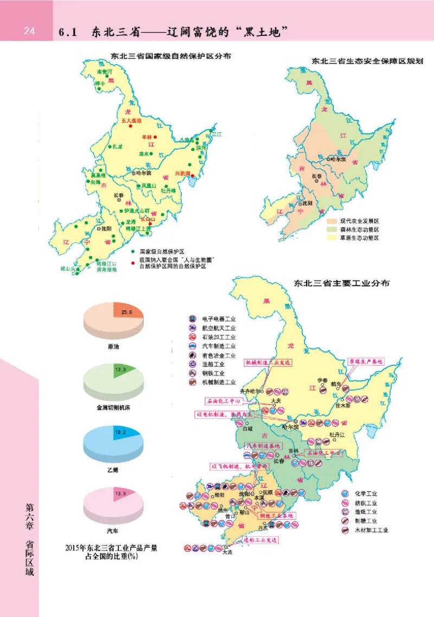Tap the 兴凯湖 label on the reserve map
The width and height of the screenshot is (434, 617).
click(x=183, y=174)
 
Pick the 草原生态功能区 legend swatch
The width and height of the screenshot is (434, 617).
click(x=332, y=238)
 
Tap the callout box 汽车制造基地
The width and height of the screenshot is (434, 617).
click(x=263, y=446)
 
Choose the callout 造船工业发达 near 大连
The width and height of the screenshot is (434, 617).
click(x=260, y=540)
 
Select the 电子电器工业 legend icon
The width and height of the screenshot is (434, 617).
click(x=192, y=318)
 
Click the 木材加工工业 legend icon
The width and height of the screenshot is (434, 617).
click(x=344, y=530)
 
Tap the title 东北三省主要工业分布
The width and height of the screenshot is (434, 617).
click(x=341, y=283)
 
